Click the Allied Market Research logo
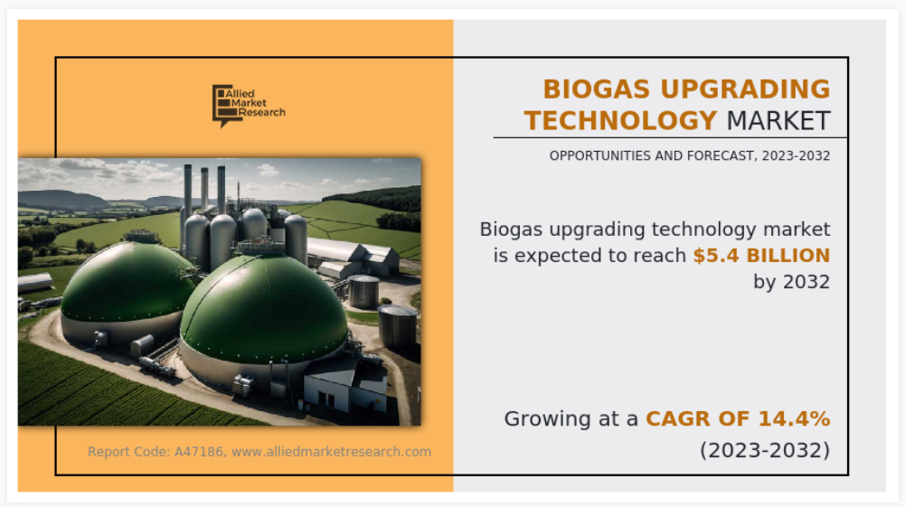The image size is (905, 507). (x=249, y=106)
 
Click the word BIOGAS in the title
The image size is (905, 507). (x=598, y=89)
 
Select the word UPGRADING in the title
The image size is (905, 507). (x=745, y=89)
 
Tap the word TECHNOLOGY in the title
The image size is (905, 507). (x=620, y=121)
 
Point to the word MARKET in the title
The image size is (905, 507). (x=778, y=121)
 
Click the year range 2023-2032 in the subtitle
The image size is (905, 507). (x=796, y=155)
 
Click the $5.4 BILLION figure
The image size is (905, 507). (x=761, y=256)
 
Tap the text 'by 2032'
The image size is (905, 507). (x=791, y=282)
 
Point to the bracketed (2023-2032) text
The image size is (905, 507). (x=765, y=450)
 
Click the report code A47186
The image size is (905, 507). (x=198, y=452)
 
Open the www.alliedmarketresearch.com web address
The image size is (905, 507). (x=331, y=452)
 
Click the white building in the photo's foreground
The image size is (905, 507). (x=344, y=385)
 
